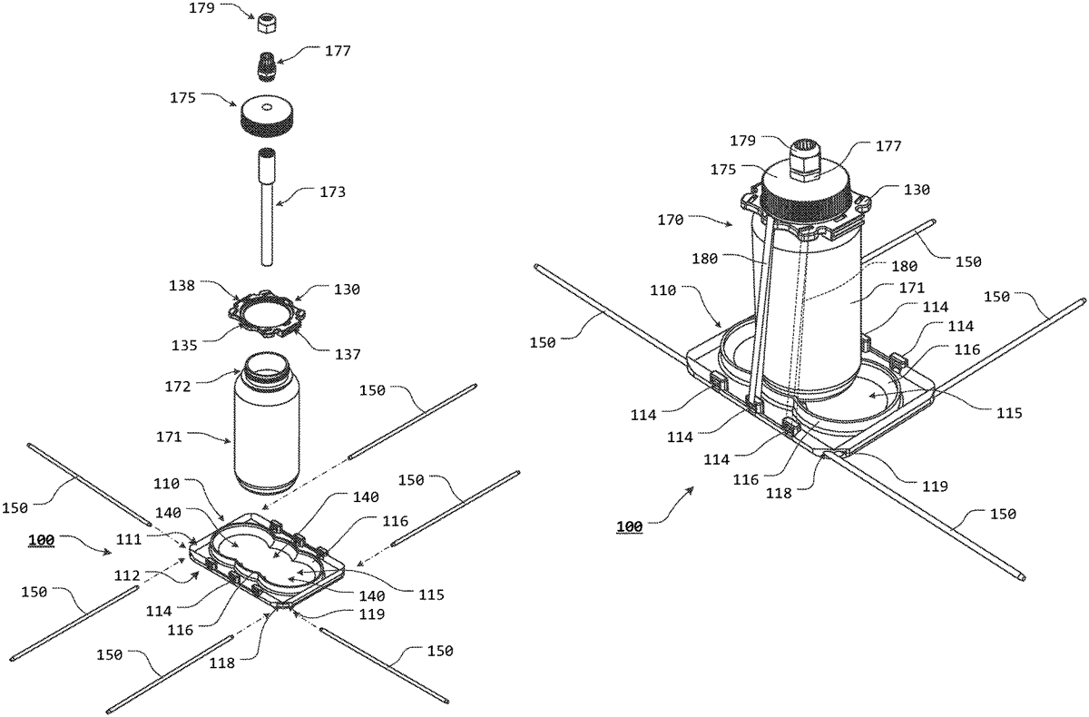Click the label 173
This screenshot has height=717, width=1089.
332,192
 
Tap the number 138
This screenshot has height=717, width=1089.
181,285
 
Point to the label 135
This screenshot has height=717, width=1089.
184,345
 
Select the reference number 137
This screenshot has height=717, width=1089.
347,354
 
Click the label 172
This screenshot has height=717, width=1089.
178,387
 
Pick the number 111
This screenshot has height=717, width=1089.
129,539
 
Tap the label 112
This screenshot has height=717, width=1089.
127,575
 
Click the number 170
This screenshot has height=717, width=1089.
671,221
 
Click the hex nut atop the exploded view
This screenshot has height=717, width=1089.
267,24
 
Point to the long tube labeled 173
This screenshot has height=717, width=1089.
267,207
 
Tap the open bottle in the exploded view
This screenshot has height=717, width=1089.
267,423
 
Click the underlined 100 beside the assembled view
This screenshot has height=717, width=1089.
630,526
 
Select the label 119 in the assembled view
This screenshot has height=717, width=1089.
935,486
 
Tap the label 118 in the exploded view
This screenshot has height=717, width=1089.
222,663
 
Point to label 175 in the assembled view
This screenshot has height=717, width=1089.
723,170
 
